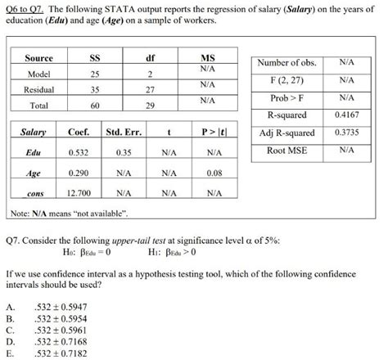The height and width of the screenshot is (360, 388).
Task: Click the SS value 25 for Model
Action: click(x=95, y=75)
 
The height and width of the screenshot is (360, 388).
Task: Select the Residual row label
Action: click(x=38, y=90)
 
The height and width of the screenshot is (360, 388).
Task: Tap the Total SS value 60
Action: click(x=95, y=105)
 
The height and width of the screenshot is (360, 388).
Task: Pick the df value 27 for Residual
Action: click(x=150, y=90)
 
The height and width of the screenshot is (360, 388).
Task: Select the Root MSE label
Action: click(x=286, y=151)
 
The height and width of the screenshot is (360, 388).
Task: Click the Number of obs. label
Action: click(x=286, y=64)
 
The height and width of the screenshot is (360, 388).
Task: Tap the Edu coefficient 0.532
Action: click(x=79, y=152)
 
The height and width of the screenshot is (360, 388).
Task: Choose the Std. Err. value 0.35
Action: click(x=124, y=152)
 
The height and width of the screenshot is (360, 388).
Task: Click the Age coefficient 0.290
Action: click(x=79, y=173)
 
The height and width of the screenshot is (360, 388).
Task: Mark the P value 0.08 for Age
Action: click(x=214, y=173)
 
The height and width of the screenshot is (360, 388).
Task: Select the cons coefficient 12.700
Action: click(x=79, y=194)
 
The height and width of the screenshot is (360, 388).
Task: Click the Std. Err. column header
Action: click(x=124, y=133)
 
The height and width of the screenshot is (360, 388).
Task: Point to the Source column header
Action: click(x=38, y=58)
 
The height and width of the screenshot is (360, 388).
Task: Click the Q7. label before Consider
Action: click(x=15, y=243)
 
